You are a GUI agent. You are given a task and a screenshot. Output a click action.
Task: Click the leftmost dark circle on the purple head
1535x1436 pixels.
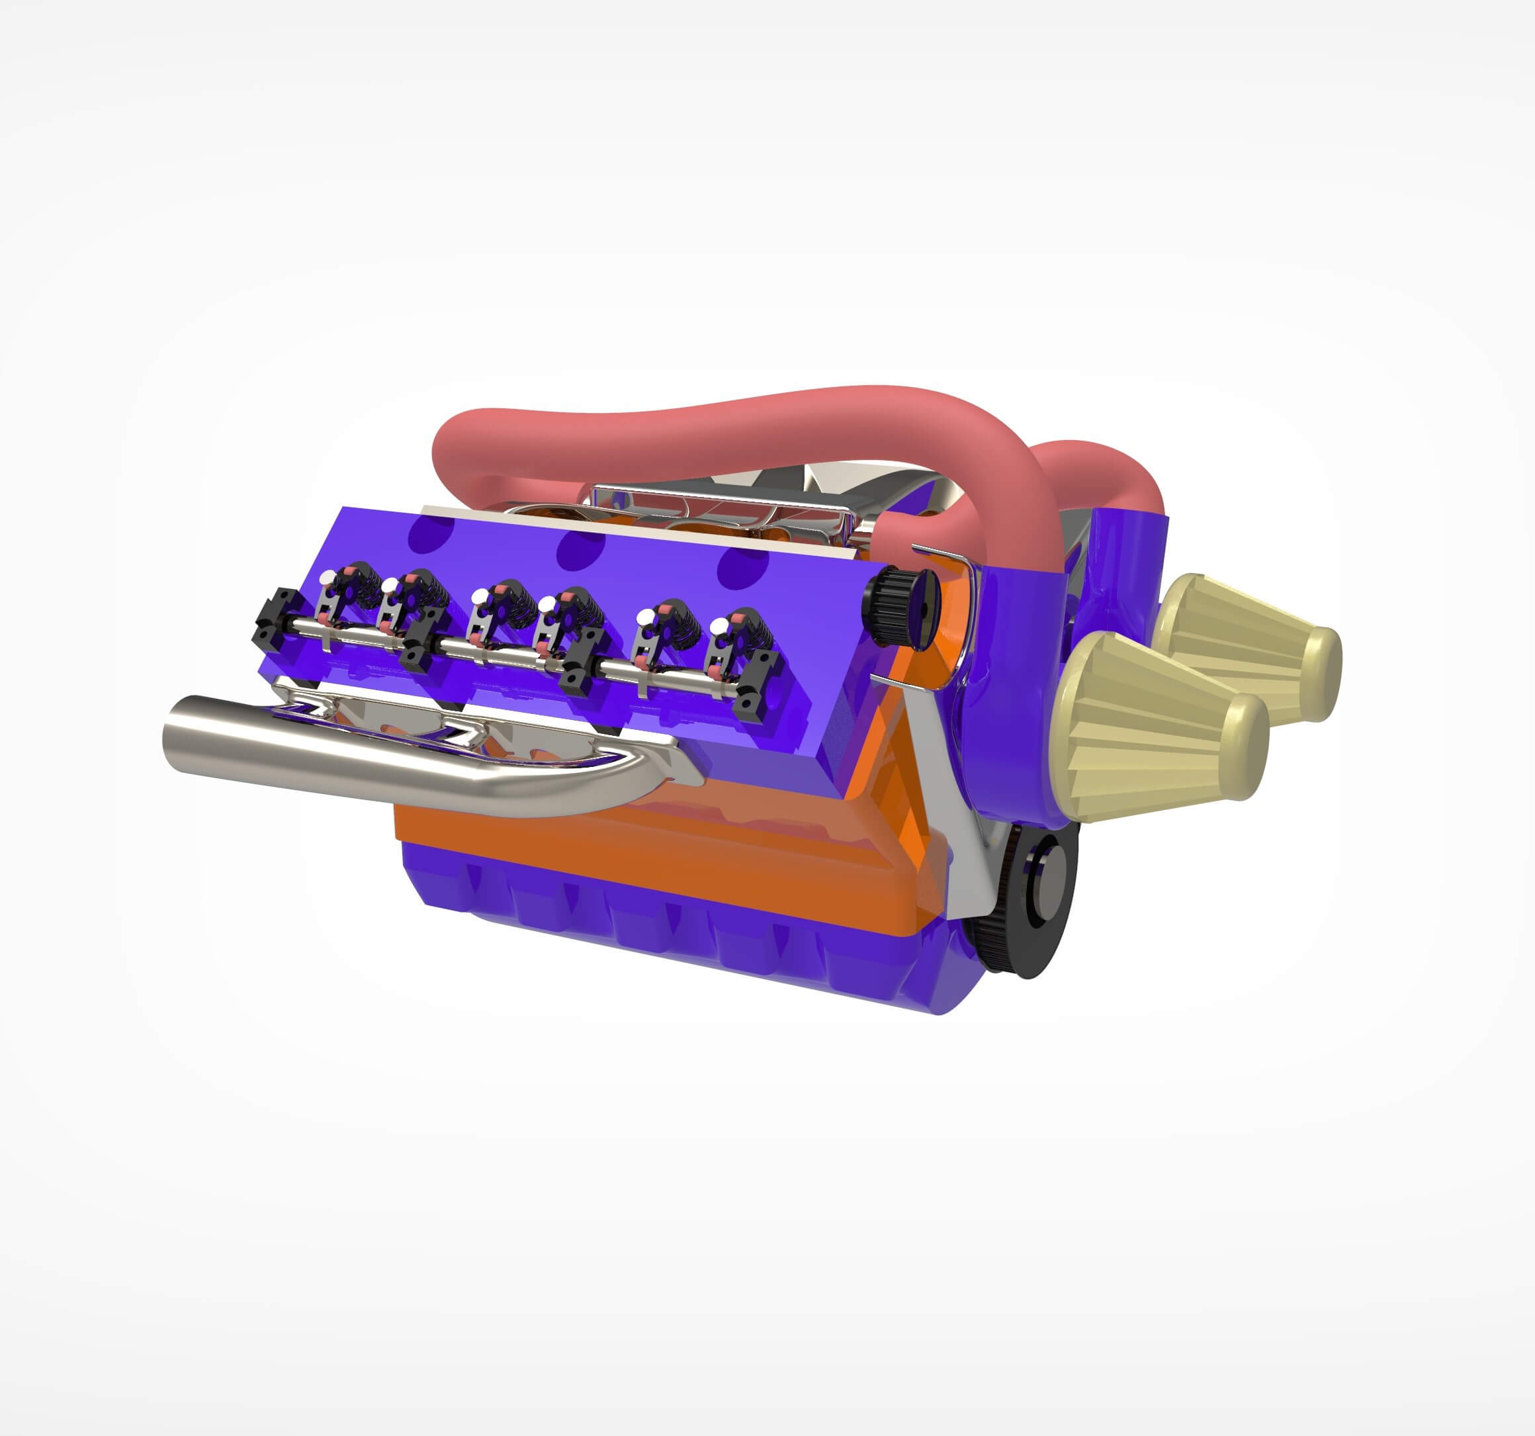pos(431,532)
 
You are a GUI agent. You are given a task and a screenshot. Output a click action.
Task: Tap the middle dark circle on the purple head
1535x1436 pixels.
pos(581,550)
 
